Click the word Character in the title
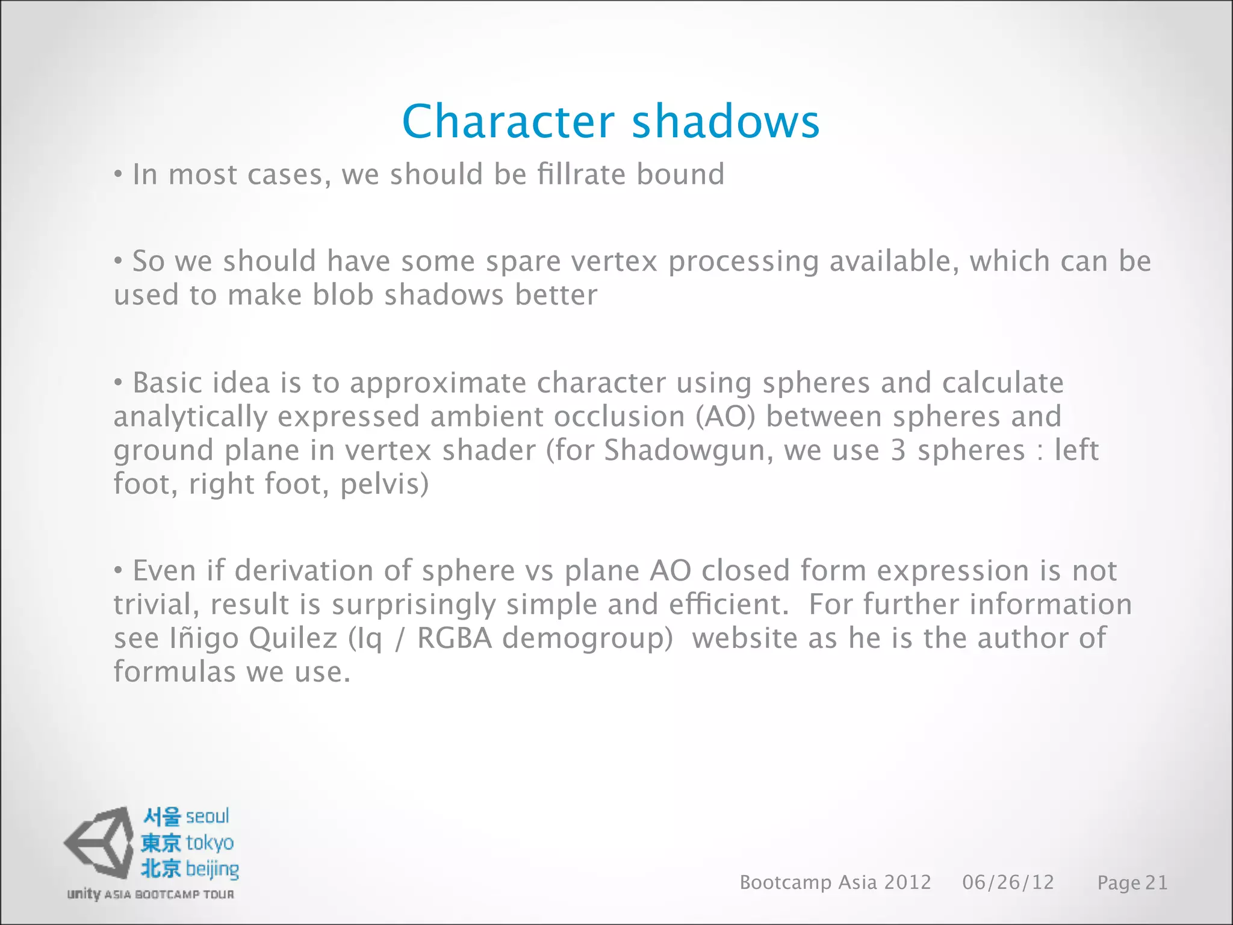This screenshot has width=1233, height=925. tap(508, 121)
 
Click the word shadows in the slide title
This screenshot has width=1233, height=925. tap(725, 121)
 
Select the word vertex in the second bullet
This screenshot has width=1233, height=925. tap(614, 261)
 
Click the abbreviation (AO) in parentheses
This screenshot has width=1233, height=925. tap(725, 417)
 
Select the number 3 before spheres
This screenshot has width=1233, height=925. tap(898, 450)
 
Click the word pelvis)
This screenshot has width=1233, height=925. tap(384, 484)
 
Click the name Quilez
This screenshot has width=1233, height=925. tap(293, 638)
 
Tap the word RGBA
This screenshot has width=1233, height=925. tap(455, 638)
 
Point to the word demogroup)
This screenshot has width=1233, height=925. tap(587, 638)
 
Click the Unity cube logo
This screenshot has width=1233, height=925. tap(99, 842)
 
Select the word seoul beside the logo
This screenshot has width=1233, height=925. tap(207, 817)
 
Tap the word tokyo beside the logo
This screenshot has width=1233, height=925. tap(210, 842)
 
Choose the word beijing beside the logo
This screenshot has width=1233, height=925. tap(212, 869)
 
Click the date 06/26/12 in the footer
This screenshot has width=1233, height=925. tap(1008, 882)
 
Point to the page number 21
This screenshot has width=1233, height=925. tap(1156, 883)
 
